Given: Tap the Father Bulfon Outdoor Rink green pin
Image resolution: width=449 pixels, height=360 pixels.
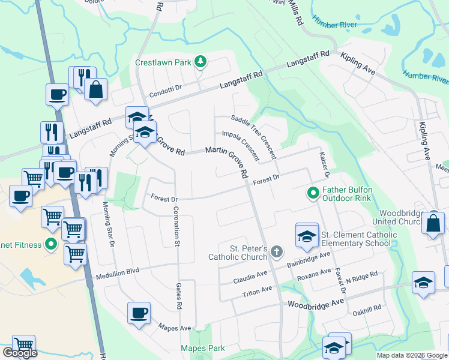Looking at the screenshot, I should pyautogui.click(x=313, y=193).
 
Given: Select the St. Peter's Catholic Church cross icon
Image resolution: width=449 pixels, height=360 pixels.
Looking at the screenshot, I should pyautogui.click(x=276, y=251).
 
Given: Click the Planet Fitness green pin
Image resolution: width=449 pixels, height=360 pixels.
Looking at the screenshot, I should pyautogui.click(x=51, y=245).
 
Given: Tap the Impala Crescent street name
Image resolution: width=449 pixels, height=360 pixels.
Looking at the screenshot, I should pyautogui.click(x=240, y=146).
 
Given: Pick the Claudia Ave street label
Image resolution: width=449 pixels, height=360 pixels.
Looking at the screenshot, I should pyautogui.click(x=250, y=277).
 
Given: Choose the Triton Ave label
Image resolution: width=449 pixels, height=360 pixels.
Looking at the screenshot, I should pyautogui.click(x=258, y=292).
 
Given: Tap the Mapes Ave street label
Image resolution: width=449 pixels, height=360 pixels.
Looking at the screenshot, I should pyautogui.click(x=174, y=328).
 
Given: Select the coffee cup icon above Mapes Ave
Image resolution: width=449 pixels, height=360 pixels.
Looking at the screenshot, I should pyautogui.click(x=139, y=313).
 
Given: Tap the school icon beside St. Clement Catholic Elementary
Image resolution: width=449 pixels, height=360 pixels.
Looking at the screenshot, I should pyautogui.click(x=306, y=235).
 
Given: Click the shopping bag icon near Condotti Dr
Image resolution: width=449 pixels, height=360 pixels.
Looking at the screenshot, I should pyautogui.click(x=95, y=90).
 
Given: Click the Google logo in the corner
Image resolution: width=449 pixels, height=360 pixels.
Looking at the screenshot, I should pyautogui.click(x=20, y=353).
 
